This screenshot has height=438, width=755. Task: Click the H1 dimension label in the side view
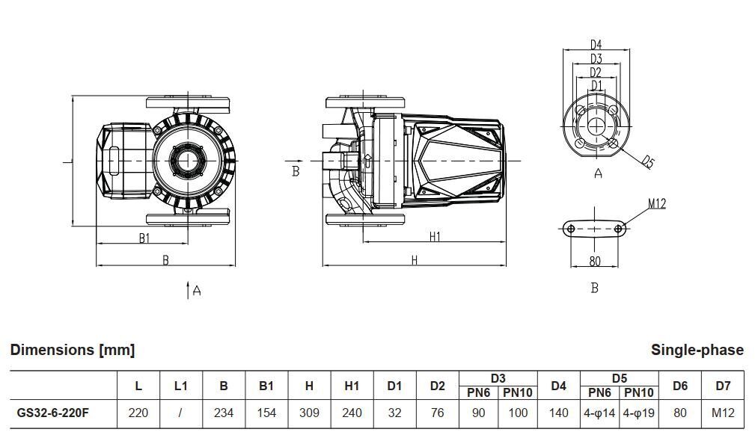pyautogui.click(x=435, y=236)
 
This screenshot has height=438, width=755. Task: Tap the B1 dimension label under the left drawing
pyautogui.click(x=144, y=238)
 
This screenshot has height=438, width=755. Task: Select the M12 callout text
pyautogui.click(x=657, y=204)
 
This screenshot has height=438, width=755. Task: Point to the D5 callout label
pyautogui.click(x=648, y=162)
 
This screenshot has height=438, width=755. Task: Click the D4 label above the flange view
pyautogui.click(x=596, y=45)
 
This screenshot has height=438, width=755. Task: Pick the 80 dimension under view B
pyautogui.click(x=595, y=261)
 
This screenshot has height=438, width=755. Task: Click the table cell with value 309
pyautogui.click(x=309, y=413)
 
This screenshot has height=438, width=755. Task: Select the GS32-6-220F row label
pyautogui.click(x=53, y=413)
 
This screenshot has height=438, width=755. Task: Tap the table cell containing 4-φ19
pyautogui.click(x=639, y=413)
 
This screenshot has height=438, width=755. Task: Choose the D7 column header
pyautogui.click(x=723, y=386)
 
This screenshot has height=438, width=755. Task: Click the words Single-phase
pyautogui.click(x=697, y=350)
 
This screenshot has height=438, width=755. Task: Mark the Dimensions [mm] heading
pyautogui.click(x=73, y=350)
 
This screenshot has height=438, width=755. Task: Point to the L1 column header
pyautogui.click(x=180, y=386)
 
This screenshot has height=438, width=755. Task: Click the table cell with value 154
pyautogui.click(x=266, y=413)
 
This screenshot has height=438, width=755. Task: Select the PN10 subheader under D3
pyautogui.click(x=518, y=393)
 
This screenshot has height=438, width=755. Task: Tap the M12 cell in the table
pyautogui.click(x=723, y=413)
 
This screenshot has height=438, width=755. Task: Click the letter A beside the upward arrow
pyautogui.click(x=197, y=291)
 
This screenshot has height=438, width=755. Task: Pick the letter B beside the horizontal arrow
pyautogui.click(x=296, y=171)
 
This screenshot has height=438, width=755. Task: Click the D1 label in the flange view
pyautogui.click(x=596, y=85)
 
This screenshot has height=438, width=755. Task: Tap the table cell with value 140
pyautogui.click(x=558, y=413)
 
